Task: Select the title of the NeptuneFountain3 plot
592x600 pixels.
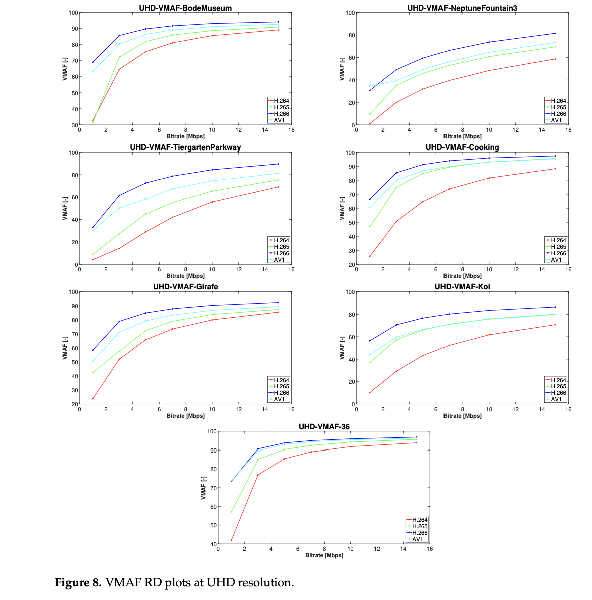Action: [462, 8]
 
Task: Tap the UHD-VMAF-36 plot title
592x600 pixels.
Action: [324, 427]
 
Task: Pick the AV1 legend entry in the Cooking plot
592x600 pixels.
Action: [556, 260]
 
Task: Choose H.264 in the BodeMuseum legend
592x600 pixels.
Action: [281, 101]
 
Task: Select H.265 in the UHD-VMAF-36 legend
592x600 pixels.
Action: [420, 526]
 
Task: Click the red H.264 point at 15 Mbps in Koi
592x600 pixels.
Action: [555, 325]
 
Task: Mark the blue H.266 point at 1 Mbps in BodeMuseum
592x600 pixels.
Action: [93, 62]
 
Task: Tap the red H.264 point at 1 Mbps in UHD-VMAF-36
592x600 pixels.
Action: [231, 540]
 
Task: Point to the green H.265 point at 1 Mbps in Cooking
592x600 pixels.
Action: [370, 227]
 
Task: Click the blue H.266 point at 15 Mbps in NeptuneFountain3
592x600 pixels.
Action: [555, 33]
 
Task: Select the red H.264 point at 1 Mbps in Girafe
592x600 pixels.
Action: [93, 399]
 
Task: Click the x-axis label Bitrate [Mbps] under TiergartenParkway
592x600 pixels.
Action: [186, 276]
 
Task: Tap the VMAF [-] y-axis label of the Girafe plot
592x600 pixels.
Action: [65, 348]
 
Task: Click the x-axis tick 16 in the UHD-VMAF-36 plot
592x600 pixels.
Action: [430, 549]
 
